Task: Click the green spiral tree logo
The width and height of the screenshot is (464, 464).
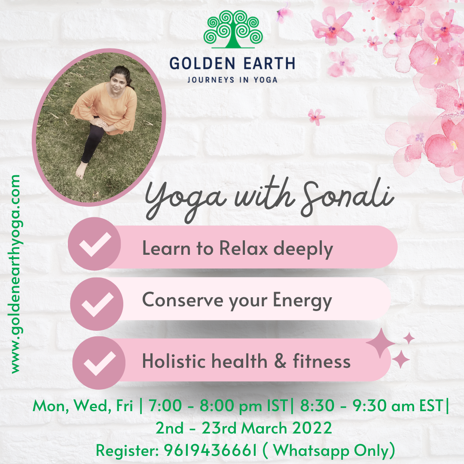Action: pyautogui.click(x=233, y=29)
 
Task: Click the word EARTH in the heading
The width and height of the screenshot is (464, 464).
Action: pyautogui.click(x=269, y=64)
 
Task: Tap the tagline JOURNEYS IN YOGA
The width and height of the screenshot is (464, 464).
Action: pyautogui.click(x=232, y=80)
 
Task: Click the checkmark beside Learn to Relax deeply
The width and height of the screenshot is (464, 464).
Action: pyautogui.click(x=95, y=244)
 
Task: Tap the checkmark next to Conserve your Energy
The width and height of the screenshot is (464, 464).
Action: pyautogui.click(x=98, y=304)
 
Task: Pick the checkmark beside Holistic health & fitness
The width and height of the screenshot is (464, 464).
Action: pyautogui.click(x=99, y=363)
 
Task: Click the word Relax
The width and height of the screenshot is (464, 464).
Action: pyautogui.click(x=244, y=248)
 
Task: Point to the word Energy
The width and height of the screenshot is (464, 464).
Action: pyautogui.click(x=302, y=301)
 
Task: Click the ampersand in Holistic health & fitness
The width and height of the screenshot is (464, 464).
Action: pyautogui.click(x=280, y=361)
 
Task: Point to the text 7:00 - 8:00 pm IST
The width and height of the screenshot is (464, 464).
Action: pyautogui.click(x=218, y=406)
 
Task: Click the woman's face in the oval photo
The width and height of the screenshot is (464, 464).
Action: pyautogui.click(x=118, y=82)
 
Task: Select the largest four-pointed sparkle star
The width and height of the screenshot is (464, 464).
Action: pyautogui.click(x=381, y=343)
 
